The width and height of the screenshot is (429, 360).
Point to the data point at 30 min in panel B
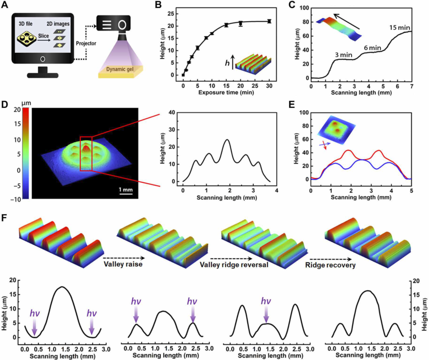click(269, 21)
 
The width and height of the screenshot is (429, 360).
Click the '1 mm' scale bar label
click(126, 190)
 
